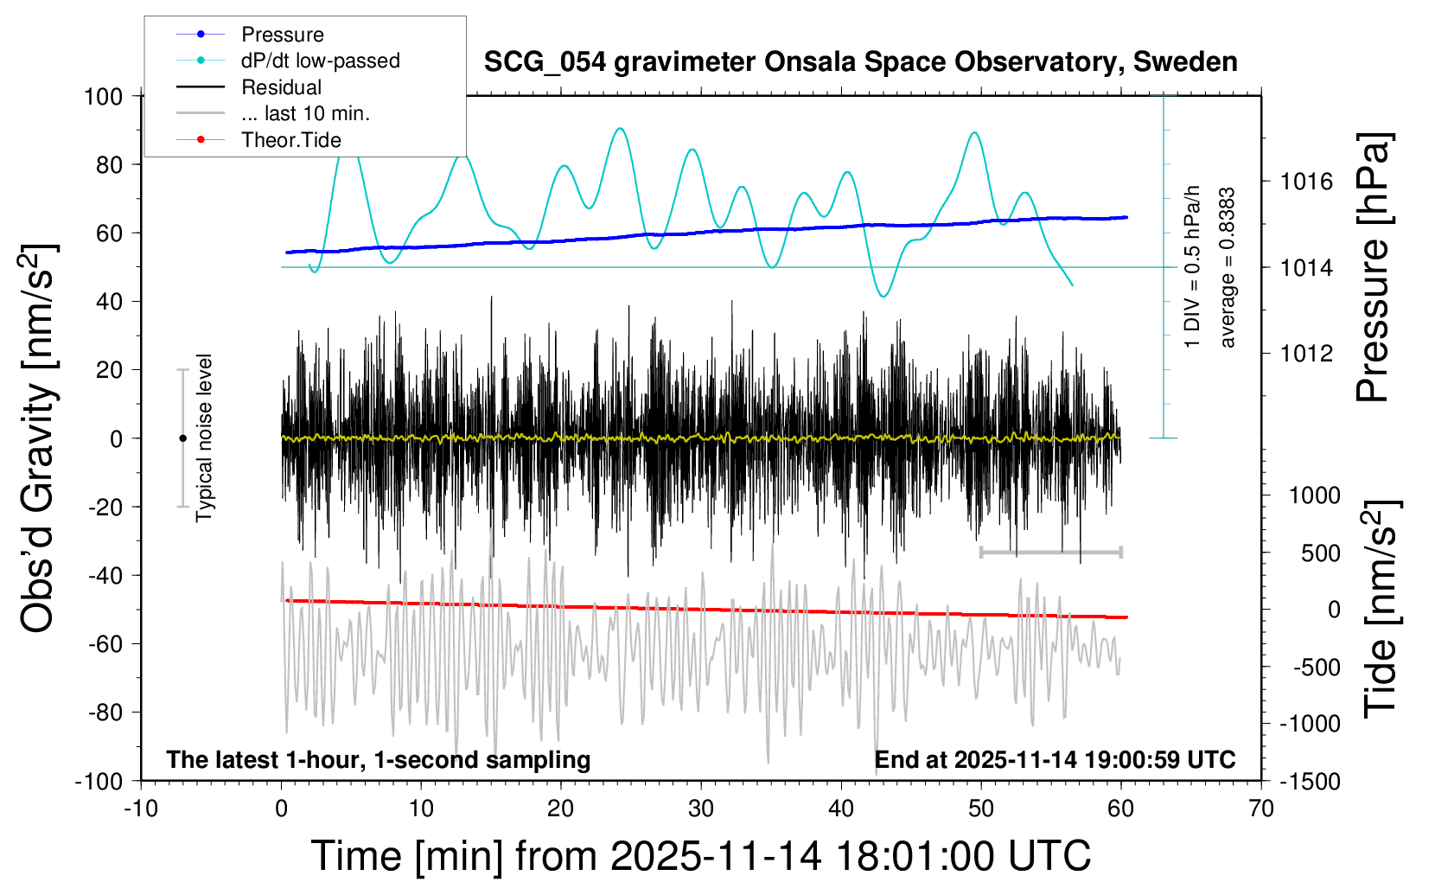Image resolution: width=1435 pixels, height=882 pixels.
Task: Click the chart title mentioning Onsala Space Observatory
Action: point(860,62)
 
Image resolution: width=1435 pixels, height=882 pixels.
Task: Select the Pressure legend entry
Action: point(282,35)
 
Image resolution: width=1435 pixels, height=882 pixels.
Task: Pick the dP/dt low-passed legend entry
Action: point(320,61)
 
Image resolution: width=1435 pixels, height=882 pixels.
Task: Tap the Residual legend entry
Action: point(281,87)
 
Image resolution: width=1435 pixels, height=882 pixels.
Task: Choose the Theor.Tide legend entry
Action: point(290,140)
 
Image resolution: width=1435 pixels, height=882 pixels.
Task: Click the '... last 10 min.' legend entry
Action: point(305,113)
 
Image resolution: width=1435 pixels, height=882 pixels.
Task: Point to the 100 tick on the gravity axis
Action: point(103,96)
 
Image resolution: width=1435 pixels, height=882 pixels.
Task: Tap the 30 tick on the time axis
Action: point(701,808)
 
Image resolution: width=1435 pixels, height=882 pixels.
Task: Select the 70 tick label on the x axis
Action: point(1261,808)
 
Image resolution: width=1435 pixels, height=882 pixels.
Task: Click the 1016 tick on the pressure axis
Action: point(1306,182)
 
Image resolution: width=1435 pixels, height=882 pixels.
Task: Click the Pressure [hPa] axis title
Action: point(1373,267)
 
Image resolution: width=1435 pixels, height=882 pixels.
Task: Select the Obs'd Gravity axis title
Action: point(39,438)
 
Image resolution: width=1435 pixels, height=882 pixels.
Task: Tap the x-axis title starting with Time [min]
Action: point(700,856)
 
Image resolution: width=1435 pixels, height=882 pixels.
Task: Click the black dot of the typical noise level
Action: point(182,438)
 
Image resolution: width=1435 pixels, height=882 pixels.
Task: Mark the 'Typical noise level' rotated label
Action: point(204,438)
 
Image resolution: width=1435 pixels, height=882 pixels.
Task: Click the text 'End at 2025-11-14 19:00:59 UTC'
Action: point(1055,760)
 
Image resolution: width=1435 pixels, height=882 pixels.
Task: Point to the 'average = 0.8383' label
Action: point(1227,267)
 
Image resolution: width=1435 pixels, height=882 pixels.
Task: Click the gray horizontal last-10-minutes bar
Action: point(1050,552)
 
